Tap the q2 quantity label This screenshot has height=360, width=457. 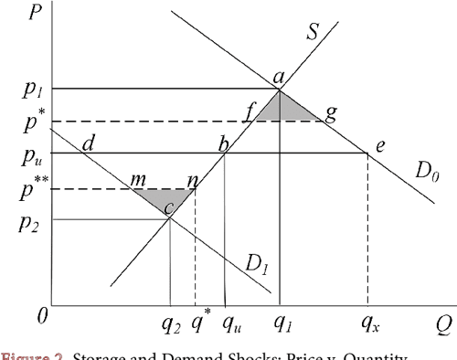pyautogui.click(x=171, y=323)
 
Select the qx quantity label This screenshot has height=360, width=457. pyautogui.click(x=369, y=323)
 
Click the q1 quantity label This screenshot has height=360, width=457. pyautogui.click(x=281, y=323)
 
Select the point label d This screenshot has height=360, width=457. pyautogui.click(x=89, y=143)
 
